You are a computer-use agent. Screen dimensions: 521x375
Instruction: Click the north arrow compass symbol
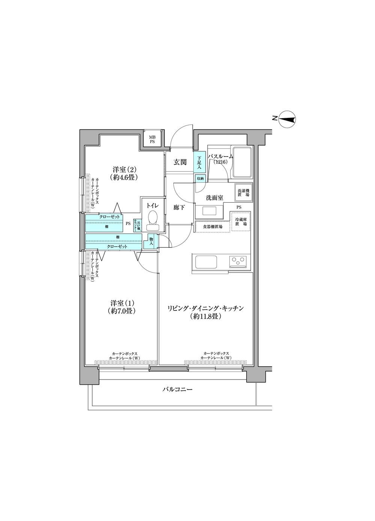tap(288, 119)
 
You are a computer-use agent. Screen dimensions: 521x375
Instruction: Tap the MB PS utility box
tap(152, 139)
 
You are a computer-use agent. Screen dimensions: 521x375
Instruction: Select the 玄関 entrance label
tap(180, 162)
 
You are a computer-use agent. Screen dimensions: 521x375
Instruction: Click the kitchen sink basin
tap(206, 261)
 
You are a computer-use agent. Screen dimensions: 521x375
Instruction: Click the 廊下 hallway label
tap(179, 207)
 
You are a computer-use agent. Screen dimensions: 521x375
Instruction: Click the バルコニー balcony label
tap(177, 390)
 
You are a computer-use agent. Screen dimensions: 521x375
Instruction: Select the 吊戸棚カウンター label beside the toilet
tap(138, 225)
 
